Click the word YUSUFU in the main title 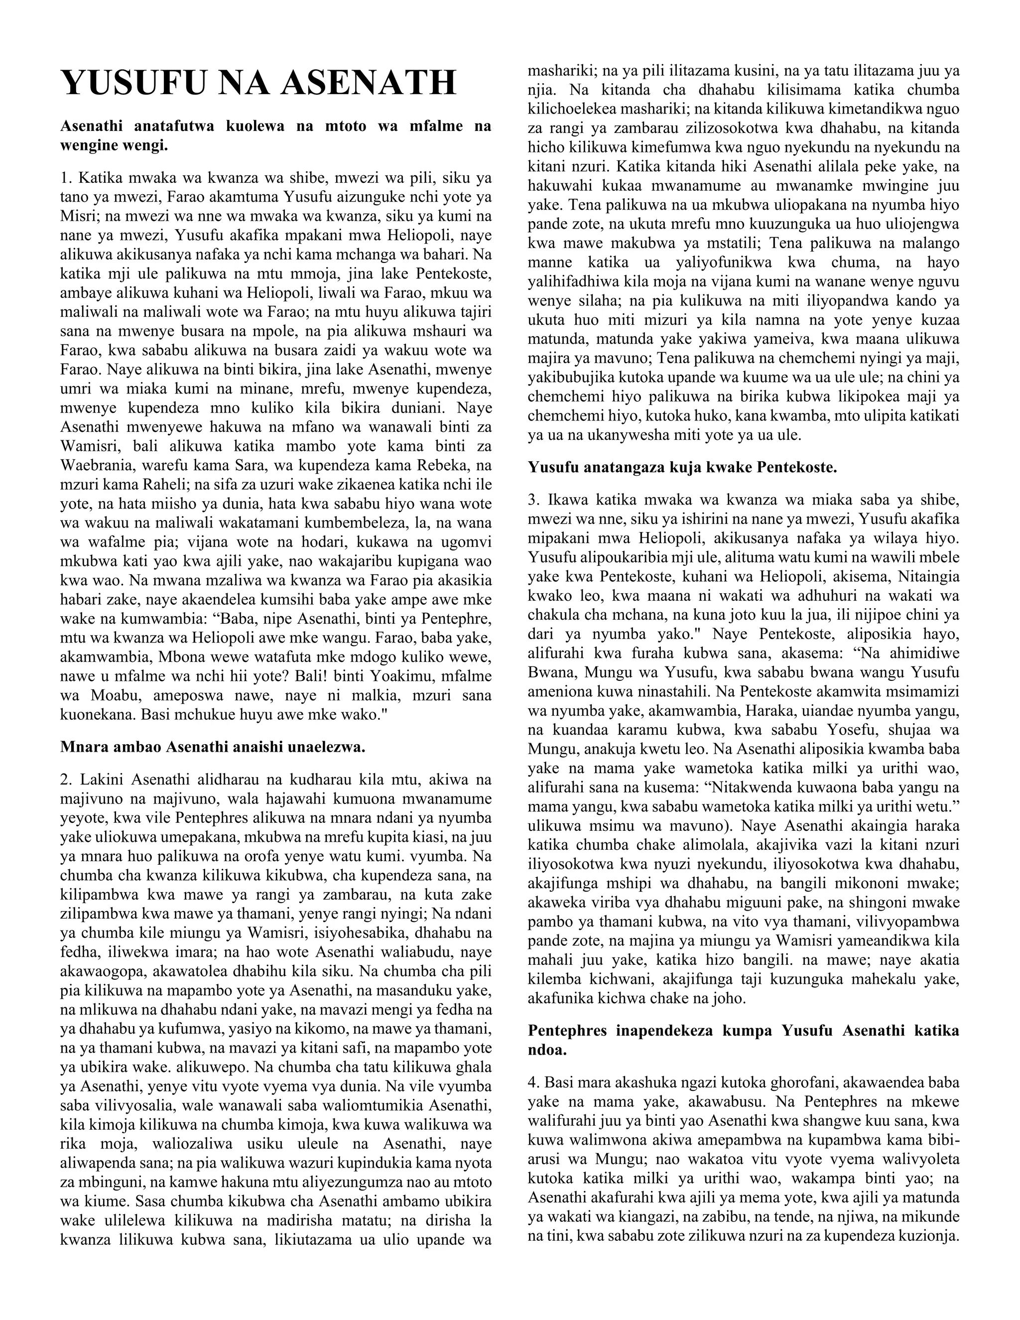pyautogui.click(x=133, y=83)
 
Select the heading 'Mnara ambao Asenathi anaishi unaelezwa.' pyautogui.click(x=213, y=747)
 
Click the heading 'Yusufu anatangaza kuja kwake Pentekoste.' pyautogui.click(x=682, y=467)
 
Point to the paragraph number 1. pyautogui.click(x=66, y=178)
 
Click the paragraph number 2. pyautogui.click(x=66, y=779)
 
